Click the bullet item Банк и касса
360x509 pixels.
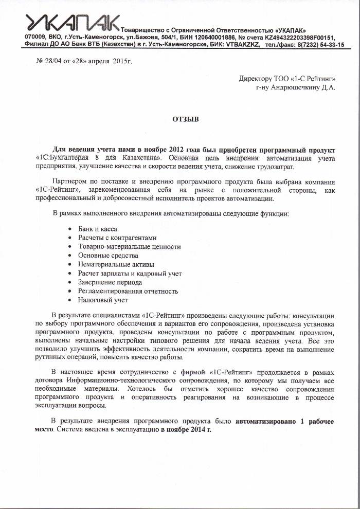tap(98, 229)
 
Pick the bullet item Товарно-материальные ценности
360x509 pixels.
tap(129, 247)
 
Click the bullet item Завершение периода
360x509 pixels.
tap(110, 282)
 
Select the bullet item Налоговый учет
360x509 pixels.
tap(103, 300)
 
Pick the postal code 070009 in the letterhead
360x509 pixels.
tap(36, 38)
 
